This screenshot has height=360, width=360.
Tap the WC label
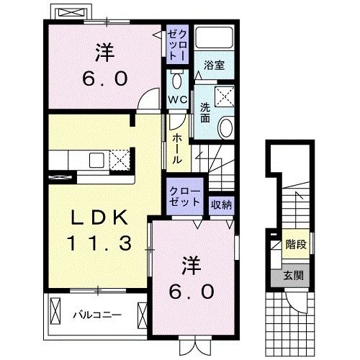click(x=177, y=99)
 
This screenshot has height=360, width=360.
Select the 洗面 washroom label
click(x=205, y=112)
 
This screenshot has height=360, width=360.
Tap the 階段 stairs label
click(x=295, y=244)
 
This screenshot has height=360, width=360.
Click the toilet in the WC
click(x=178, y=77)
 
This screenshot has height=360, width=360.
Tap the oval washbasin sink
click(x=225, y=127)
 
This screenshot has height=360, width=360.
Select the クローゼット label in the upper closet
click(x=178, y=45)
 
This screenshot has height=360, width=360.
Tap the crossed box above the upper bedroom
click(x=71, y=13)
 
